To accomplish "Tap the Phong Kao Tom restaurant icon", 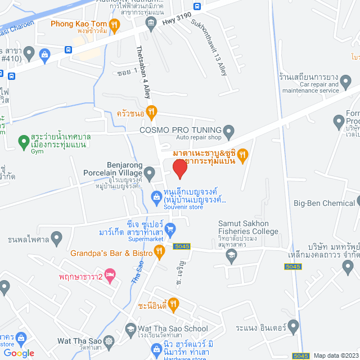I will (114, 24).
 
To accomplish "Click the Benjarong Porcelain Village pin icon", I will (150, 175).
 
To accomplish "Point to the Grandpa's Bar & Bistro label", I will (111, 253).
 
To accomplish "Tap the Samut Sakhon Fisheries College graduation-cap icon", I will (231, 255).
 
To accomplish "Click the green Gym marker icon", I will (24, 141).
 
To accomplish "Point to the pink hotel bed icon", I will (110, 277).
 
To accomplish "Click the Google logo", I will (19, 353).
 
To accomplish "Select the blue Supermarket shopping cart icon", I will (172, 228).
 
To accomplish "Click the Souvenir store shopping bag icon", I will (156, 196).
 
